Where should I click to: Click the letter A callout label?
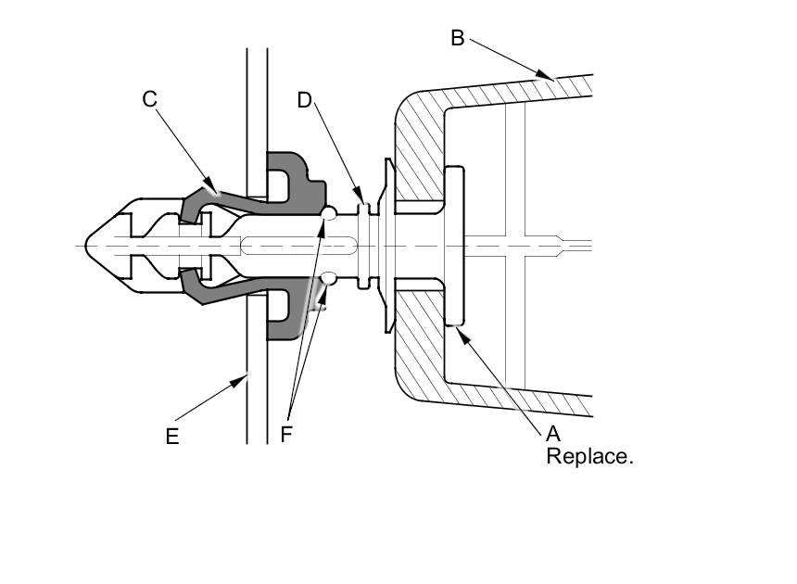coord(552,434)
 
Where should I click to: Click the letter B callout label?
coord(458,38)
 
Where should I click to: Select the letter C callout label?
coord(149,99)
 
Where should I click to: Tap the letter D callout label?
coord(305,101)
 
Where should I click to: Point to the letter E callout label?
coord(172,437)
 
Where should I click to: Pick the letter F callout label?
coord(286,434)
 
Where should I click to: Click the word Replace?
coord(589,456)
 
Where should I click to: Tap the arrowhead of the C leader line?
coord(211,184)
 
